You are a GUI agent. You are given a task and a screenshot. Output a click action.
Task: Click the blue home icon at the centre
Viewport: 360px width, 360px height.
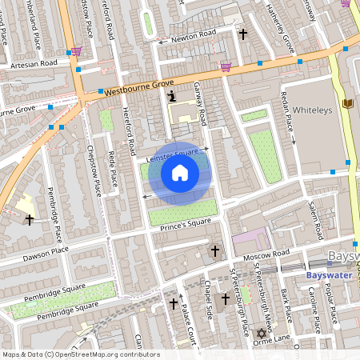[x=180, y=172]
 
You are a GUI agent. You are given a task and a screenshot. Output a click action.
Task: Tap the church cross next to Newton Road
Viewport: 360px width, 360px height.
[x=243, y=34]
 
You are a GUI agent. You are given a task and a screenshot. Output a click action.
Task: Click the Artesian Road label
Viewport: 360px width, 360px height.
[x=34, y=62]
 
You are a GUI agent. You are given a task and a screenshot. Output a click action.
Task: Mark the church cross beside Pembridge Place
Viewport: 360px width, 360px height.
[x=30, y=218]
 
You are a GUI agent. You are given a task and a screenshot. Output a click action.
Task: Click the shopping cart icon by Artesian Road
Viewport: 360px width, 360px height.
[x=76, y=51]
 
